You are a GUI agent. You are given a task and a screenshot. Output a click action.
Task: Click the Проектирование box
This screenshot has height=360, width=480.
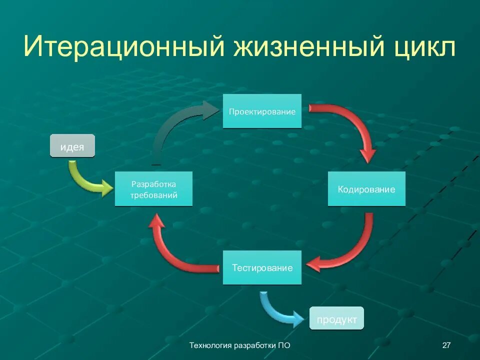coord(262,111)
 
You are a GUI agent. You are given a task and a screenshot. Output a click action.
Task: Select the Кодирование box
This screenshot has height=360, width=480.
coord(366,189)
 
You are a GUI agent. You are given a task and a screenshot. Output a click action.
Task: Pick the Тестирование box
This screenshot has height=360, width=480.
coord(262,267)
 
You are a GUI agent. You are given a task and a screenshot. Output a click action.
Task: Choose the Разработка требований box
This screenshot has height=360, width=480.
coord(153,189)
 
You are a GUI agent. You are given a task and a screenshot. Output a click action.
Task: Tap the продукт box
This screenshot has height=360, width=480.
coord(336,319)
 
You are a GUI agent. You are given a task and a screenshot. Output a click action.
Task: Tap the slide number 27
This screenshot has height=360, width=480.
coord(447,345)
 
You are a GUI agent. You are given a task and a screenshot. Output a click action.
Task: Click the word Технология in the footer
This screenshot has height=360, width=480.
coord(210,345)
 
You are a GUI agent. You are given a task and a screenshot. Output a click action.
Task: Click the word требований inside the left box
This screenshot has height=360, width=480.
coord(154,195)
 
